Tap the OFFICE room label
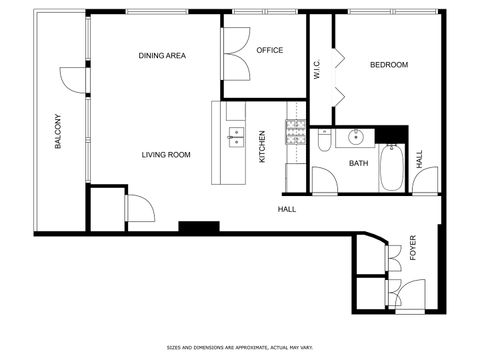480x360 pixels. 270,50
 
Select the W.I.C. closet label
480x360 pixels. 316,68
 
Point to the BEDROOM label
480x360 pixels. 389,65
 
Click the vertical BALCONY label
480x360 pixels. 58,131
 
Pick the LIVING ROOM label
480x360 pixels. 165,155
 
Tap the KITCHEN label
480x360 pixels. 263,147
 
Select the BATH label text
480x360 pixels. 358,163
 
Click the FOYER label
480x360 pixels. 412,248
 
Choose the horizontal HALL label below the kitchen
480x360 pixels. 287,209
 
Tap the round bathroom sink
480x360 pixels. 355,137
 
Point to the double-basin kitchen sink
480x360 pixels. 237,136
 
